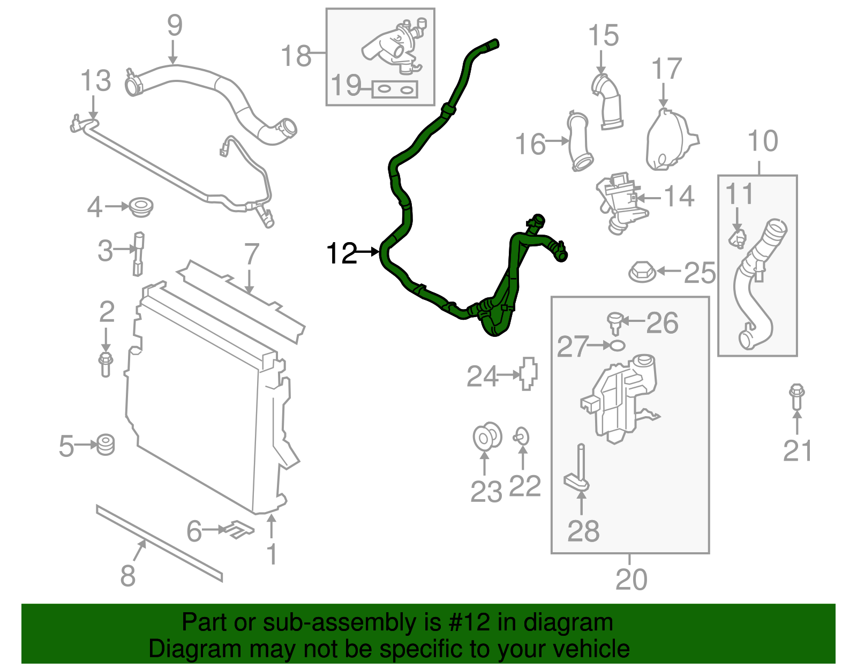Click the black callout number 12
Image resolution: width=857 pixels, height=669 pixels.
[x=342, y=253]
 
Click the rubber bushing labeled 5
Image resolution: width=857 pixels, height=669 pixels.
[x=106, y=445]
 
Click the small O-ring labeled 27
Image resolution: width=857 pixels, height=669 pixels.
[x=617, y=345]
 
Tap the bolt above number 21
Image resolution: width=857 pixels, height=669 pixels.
[x=797, y=396]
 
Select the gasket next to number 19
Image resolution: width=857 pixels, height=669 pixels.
[x=395, y=89]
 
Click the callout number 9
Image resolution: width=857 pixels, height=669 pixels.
[x=175, y=26]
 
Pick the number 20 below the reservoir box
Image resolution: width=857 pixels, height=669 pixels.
[x=632, y=579]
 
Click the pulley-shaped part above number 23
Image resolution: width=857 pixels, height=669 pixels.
[x=487, y=437]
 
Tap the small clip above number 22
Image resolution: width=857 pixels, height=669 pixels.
[x=521, y=437]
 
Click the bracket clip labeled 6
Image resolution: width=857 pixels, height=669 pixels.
[x=239, y=529]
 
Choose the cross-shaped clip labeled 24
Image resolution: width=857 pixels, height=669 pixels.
[x=528, y=373]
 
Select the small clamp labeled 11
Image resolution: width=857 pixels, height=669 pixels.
[x=738, y=238]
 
